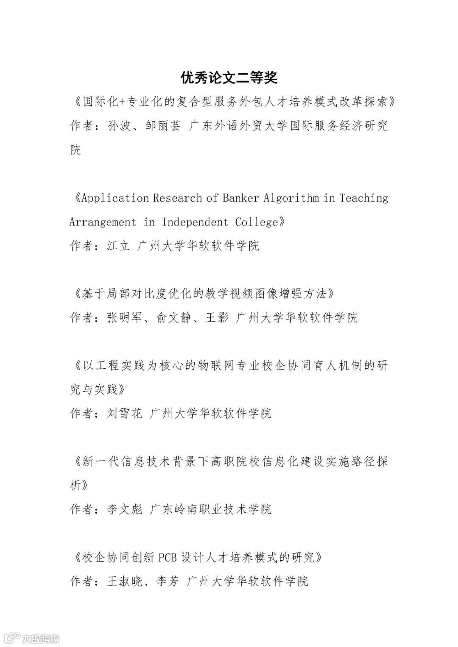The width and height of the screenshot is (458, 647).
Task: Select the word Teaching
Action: tap(363, 198)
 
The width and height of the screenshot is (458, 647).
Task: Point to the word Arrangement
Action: tap(103, 222)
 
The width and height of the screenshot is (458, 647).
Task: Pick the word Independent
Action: tap(195, 222)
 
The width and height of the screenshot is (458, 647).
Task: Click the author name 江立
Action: tap(118, 246)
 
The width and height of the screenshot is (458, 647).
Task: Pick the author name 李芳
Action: tap(168, 581)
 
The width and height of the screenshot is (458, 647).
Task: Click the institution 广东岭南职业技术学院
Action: tap(211, 509)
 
